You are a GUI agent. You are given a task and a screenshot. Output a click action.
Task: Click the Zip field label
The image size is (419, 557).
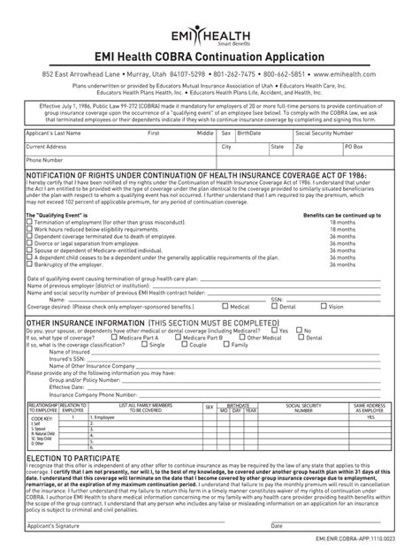tap(300, 146)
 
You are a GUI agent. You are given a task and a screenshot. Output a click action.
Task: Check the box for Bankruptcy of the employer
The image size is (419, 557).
tap(29, 263)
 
